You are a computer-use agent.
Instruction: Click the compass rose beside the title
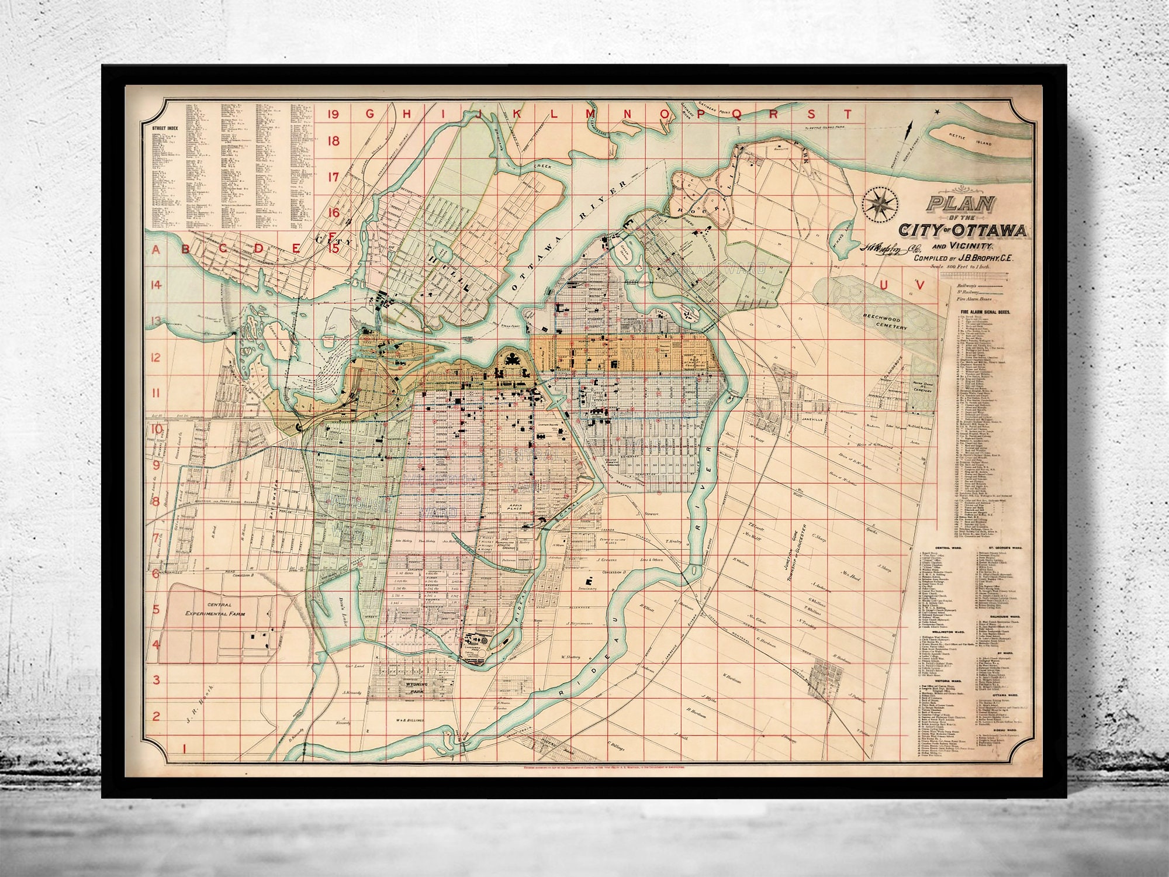click(880, 205)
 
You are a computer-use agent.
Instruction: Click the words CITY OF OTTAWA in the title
click(963, 230)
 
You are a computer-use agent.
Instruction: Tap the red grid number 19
click(334, 114)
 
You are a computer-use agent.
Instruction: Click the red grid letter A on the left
click(156, 250)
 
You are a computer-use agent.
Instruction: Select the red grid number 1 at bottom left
click(184, 748)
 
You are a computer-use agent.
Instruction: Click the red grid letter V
click(921, 285)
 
